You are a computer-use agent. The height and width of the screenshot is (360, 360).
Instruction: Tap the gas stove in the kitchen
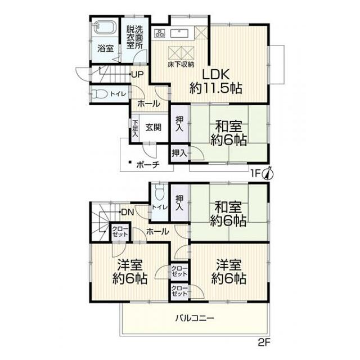point(159,33)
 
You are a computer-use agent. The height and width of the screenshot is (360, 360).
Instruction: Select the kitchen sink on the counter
point(179,33)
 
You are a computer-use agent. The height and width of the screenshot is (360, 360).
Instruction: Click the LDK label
point(215,74)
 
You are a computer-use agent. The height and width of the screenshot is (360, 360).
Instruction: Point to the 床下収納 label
point(181,65)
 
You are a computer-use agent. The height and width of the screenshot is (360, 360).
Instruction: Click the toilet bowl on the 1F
point(100,94)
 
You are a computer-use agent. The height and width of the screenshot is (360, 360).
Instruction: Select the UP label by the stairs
point(138,74)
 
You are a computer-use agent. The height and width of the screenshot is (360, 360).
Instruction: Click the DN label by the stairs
point(128,212)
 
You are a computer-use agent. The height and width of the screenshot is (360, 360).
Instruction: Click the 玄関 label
point(153,128)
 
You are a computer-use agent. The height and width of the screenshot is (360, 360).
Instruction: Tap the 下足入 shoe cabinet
point(135,128)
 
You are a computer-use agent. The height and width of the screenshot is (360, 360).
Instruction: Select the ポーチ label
point(148,165)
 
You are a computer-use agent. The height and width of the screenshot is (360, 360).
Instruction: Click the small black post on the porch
point(130,162)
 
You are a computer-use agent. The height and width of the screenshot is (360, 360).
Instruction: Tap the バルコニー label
point(195,318)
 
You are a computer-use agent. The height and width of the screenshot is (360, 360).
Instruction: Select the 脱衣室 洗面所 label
point(134,37)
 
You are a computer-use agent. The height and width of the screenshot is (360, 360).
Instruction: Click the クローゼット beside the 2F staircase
point(120,231)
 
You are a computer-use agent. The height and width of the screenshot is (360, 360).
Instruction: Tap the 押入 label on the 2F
point(179,202)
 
